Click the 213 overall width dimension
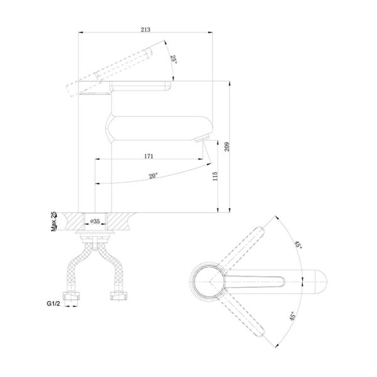pos(146,29)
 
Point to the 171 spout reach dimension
pos(149,155)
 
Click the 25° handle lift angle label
pos(174,61)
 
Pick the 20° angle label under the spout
pos(153,177)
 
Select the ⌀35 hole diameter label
pos(95,221)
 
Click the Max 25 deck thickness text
pos(54,222)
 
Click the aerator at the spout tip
pos(201,139)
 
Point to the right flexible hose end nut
pos(117,294)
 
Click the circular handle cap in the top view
pos(208,280)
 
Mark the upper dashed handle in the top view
pos(248,245)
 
